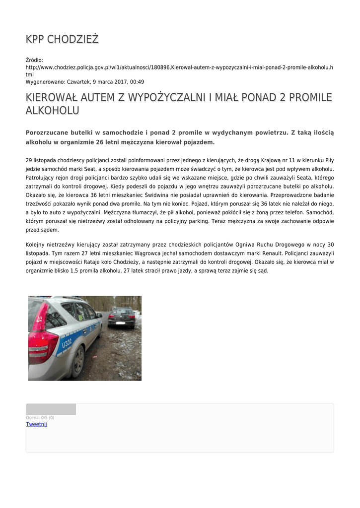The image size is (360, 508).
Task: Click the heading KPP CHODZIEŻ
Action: click(63, 39)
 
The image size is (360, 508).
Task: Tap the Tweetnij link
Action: click(36, 424)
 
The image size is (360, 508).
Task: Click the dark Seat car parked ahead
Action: click(121, 317)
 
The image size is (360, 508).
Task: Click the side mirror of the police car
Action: click(99, 315)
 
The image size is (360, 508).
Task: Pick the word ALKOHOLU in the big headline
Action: click(52, 110)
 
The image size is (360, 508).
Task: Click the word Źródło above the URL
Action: click(34, 60)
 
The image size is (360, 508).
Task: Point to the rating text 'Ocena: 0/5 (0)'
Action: click(40, 418)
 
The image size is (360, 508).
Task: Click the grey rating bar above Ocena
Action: click(51, 409)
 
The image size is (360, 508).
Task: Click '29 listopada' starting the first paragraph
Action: click(41, 161)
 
